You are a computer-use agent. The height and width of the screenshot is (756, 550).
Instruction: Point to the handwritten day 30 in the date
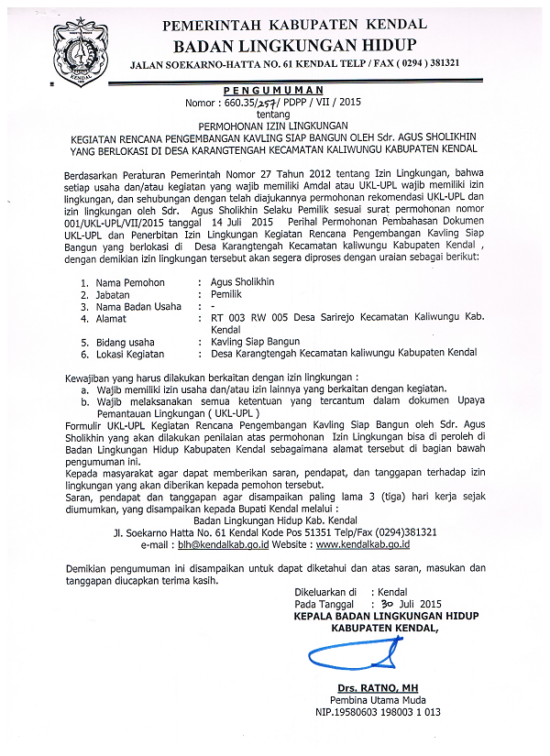388,604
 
